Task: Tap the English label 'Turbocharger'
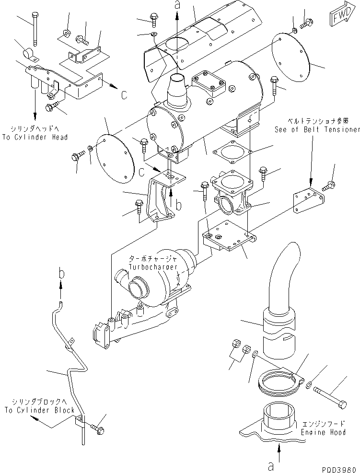[152, 266]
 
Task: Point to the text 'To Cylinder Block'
[40, 410]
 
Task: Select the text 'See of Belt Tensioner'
[317, 129]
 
